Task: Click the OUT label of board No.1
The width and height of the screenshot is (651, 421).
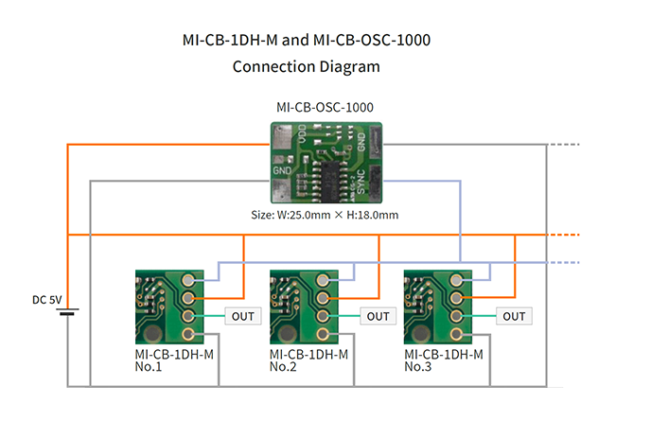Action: coord(242,316)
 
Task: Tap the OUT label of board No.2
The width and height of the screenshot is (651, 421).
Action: coord(378,316)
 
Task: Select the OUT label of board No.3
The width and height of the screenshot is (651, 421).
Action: coord(514,316)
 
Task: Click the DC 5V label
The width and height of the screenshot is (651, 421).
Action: coord(46,300)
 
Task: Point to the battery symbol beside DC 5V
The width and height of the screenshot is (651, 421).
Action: coord(68,311)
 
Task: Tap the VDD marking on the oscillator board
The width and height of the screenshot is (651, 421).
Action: coord(302,139)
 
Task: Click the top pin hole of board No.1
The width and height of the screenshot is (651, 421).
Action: coord(190,281)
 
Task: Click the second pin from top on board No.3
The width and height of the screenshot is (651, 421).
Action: coord(460,298)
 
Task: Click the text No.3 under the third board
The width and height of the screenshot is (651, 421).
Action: coord(419,367)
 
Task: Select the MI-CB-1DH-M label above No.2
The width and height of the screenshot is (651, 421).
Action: coord(308,355)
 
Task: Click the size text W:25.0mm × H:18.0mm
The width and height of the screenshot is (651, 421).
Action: coord(325,215)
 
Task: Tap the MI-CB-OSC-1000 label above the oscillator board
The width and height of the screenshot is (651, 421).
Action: coord(325,107)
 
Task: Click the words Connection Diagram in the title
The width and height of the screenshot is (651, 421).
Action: coord(306,67)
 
